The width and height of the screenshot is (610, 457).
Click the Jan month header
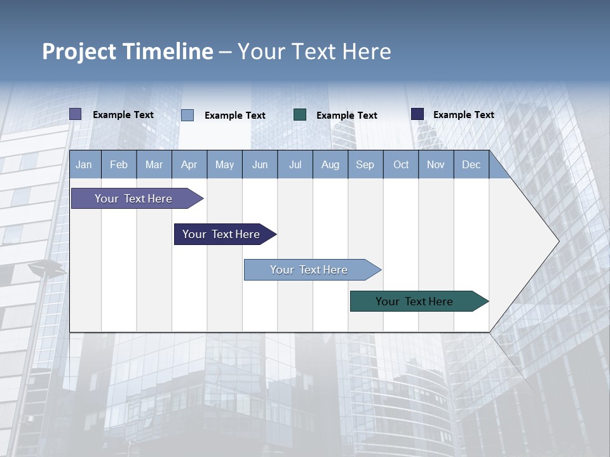pyautogui.click(x=85, y=164)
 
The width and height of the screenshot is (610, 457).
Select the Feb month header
pyautogui.click(x=119, y=164)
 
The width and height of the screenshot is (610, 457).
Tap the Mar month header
pyautogui.click(x=154, y=164)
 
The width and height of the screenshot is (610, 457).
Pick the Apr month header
pyautogui.click(x=189, y=164)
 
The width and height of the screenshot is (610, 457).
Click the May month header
pyautogui.click(x=224, y=164)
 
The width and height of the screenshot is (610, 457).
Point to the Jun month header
pyautogui.click(x=260, y=164)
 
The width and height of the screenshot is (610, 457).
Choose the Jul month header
pyautogui.click(x=295, y=164)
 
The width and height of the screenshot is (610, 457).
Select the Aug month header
pyautogui.click(x=330, y=164)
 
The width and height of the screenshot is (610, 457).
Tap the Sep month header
pyautogui.click(x=365, y=164)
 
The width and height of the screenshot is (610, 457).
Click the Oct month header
pyautogui.click(x=401, y=164)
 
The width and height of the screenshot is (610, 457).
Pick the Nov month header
pyautogui.click(x=436, y=164)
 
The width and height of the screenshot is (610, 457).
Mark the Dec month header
pyautogui.click(x=471, y=164)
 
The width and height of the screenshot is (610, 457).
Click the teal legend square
pyautogui.click(x=300, y=115)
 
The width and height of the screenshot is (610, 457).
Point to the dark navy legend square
pyautogui.click(x=417, y=114)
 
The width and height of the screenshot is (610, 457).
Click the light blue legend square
pyautogui.click(x=187, y=115)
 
